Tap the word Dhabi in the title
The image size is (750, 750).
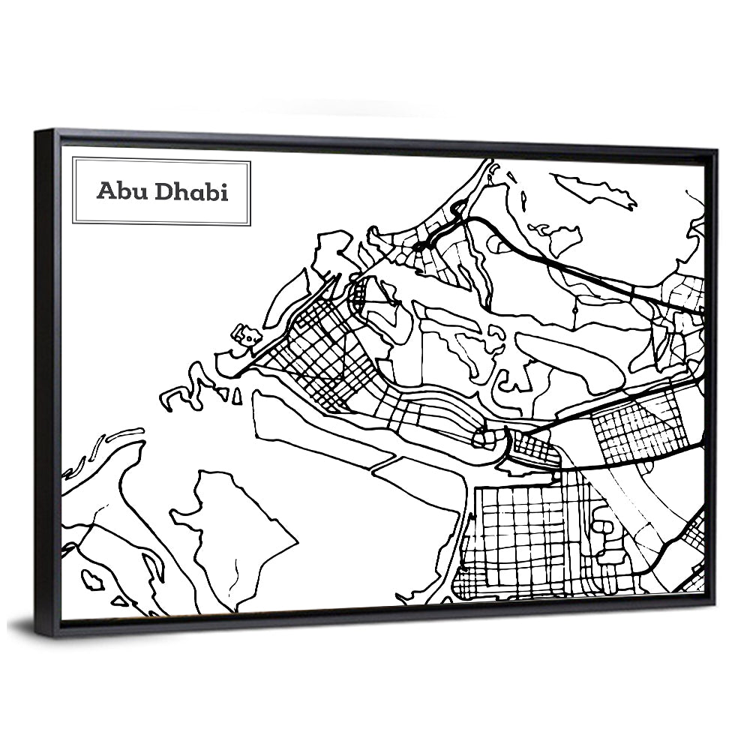click(x=191, y=191)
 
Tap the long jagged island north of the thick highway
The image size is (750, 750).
click(x=596, y=190)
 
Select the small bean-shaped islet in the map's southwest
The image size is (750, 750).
click(x=92, y=578)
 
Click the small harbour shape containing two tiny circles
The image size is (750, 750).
click(x=245, y=334)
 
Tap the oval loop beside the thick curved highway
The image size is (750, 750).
click(x=497, y=244)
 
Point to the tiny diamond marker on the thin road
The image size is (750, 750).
click(x=574, y=308)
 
